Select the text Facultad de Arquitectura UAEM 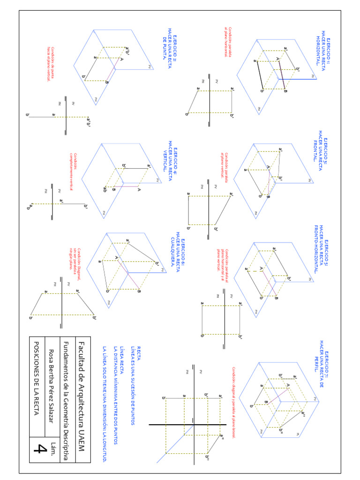pos(82,396)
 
